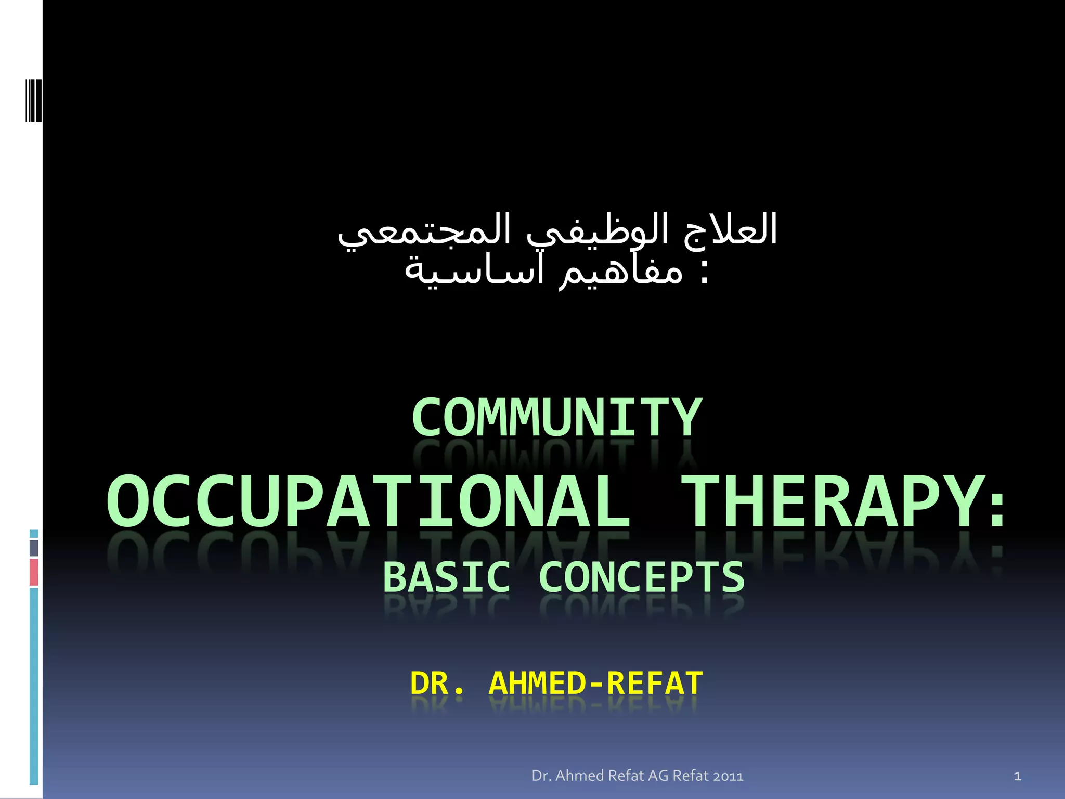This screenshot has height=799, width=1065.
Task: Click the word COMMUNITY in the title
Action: click(556, 417)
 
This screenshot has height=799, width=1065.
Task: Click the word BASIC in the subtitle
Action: click(447, 577)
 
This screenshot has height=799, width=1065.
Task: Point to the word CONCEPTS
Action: click(642, 577)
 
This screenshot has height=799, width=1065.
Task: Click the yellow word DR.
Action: click(436, 684)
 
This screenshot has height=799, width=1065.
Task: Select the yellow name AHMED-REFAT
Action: click(595, 684)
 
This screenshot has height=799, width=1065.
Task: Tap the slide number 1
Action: click(1017, 777)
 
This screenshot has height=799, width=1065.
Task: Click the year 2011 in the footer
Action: click(728, 776)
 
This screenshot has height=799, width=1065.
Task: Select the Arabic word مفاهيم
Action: click(621, 272)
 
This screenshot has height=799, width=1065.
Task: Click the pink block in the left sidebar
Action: click(34, 572)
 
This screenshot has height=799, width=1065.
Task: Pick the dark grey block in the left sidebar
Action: click(34, 548)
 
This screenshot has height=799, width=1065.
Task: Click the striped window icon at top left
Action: click(33, 100)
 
